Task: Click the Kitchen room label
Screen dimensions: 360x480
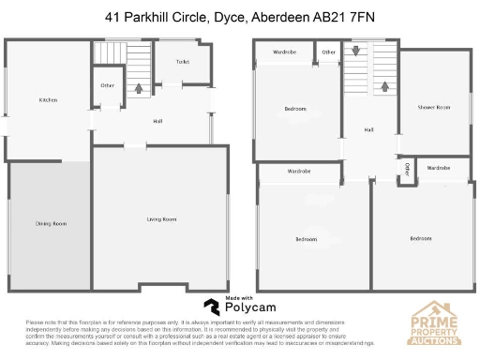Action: (48, 100)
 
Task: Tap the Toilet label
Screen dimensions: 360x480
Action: (183, 62)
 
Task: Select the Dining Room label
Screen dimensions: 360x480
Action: (52, 223)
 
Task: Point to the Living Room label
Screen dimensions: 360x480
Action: (162, 219)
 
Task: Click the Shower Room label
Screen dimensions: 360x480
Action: (440, 108)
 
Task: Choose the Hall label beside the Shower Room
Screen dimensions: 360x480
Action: (368, 129)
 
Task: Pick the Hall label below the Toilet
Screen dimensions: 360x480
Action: (158, 121)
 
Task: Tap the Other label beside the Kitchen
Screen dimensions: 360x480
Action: (108, 85)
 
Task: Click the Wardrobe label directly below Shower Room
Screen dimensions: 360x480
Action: (439, 168)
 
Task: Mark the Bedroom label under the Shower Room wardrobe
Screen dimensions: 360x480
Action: (421, 238)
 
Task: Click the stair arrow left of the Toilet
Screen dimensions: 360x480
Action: (140, 90)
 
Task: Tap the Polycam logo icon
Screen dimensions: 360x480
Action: (213, 306)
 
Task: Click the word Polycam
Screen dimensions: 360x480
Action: (248, 306)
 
